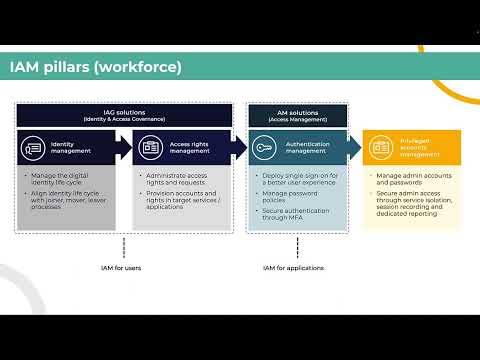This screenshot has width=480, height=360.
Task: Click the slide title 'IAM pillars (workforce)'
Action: tap(95, 67)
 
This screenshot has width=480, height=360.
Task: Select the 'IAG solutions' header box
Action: tap(123, 116)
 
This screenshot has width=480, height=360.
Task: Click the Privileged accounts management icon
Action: tap(381, 148)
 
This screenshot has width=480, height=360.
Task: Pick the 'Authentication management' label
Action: tap(307, 148)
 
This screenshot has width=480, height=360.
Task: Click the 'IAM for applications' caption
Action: tap(291, 268)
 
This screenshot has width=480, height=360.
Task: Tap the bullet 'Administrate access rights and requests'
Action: tap(184, 181)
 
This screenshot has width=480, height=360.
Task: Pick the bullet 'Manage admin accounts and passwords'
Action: tap(414, 181)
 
